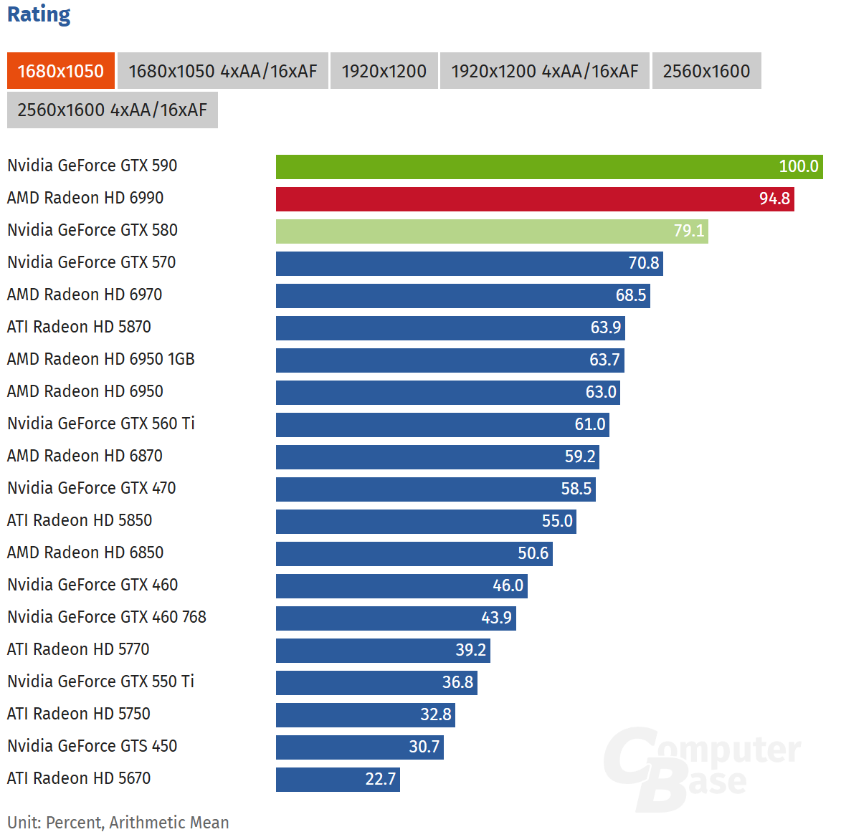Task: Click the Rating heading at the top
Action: pos(39,14)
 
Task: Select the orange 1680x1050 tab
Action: pos(61,71)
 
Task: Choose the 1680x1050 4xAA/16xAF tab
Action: pos(222,71)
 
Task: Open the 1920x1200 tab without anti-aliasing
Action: pos(384,71)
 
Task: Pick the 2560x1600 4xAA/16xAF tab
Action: pos(112,110)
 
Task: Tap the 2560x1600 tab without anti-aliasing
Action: pos(706,71)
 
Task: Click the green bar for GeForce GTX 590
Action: pos(548,166)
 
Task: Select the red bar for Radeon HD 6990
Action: pos(534,199)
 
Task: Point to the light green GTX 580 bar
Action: pos(491,231)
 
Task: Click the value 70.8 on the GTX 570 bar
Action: pos(643,263)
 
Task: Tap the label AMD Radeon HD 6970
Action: pos(85,295)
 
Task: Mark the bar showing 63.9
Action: pos(450,327)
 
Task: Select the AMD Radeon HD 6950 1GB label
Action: pos(101,359)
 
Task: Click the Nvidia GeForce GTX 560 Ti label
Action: pos(101,424)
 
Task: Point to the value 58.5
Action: pos(576,489)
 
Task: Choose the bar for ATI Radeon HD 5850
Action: pos(425,521)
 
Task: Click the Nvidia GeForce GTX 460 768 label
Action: pos(107,617)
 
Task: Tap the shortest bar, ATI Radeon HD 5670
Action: pos(337,779)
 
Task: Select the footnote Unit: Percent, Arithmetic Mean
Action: pos(118,822)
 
